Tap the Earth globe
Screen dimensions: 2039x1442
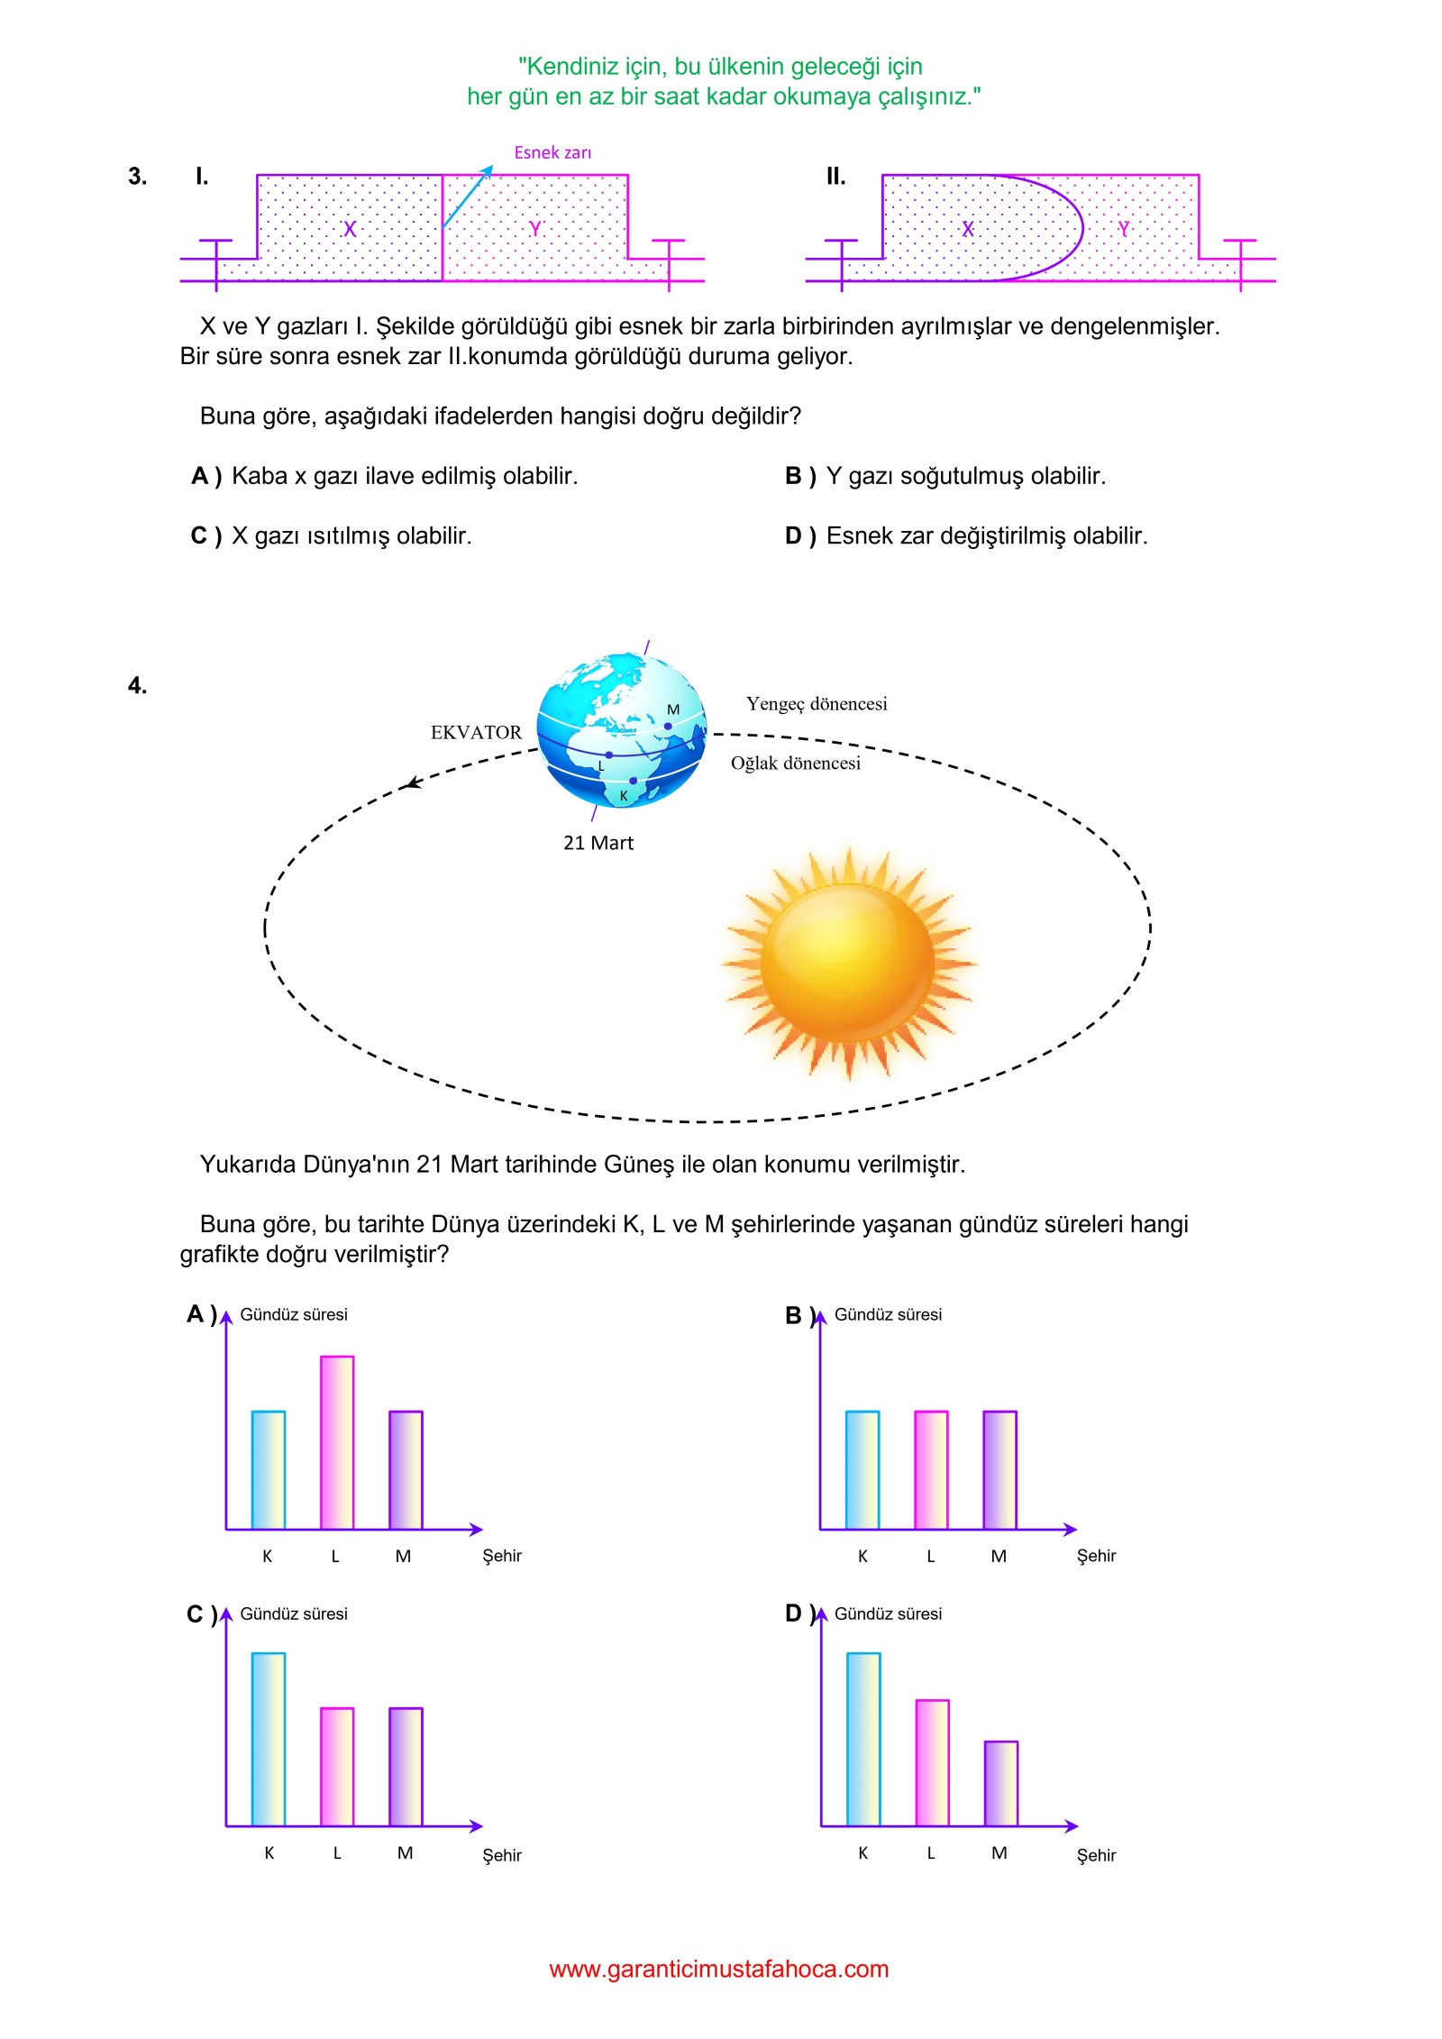coord(621,730)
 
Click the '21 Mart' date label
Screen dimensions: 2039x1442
coord(598,843)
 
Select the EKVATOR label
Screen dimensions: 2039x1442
coord(476,733)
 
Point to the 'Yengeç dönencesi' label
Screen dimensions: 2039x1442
coord(817,704)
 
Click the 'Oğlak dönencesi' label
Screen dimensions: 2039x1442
coord(795,763)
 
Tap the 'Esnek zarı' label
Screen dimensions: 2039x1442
coord(552,152)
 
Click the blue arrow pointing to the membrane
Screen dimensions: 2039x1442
coord(468,196)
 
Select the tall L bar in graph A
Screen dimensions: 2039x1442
coord(337,1442)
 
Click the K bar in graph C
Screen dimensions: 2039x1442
coord(269,1739)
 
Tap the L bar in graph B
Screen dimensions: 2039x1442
coord(931,1470)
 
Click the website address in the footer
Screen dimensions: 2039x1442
coord(718,1969)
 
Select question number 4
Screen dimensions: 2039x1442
coord(137,686)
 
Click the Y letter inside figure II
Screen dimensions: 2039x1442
coord(1124,229)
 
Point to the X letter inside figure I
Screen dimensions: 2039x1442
coord(350,229)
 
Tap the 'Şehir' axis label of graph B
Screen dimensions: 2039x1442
coord(1096,1556)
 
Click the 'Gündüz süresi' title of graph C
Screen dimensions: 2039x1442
coord(294,1614)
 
